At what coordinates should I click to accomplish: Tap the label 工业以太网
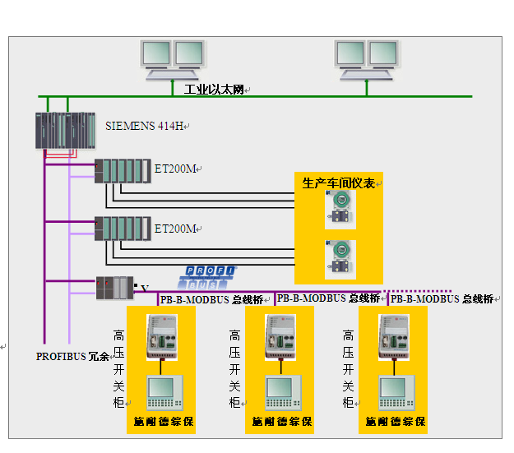point(214,90)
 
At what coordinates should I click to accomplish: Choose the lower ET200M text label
point(176,228)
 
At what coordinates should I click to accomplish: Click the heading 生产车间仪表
point(338,183)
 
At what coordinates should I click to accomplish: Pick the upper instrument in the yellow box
point(338,208)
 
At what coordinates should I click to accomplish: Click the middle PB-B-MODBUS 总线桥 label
point(328,298)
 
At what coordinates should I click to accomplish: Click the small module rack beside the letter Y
point(113,287)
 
